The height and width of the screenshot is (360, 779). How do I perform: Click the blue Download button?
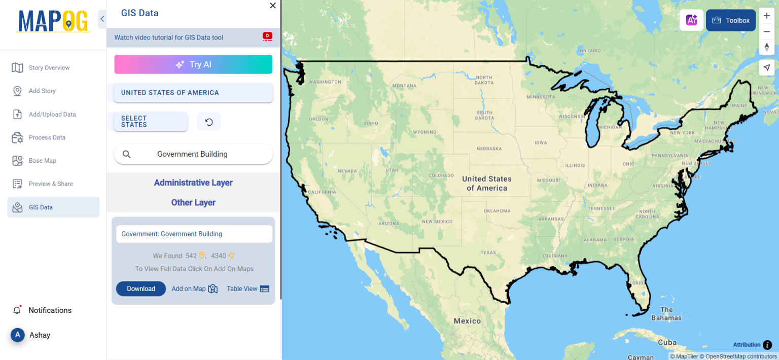tap(140, 289)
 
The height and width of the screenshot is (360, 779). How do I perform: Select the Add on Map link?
tap(194, 289)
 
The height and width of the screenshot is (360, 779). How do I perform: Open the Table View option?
tap(247, 289)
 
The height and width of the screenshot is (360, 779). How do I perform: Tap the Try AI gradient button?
tap(193, 64)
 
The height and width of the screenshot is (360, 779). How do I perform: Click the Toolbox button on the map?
tap(731, 20)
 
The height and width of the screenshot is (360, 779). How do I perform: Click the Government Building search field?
tap(193, 154)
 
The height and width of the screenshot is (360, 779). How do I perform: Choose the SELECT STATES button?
tap(151, 122)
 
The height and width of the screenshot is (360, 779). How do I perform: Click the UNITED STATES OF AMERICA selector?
tap(193, 93)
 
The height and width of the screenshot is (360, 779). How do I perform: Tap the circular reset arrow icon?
tap(208, 122)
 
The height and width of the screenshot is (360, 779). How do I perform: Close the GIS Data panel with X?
tap(273, 6)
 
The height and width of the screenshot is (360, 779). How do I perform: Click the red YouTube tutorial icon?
tap(267, 37)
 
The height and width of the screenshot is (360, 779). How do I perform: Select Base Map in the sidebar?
tap(42, 161)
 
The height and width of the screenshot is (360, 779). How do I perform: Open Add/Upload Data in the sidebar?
tap(52, 114)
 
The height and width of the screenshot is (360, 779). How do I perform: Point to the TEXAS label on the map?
tap(488, 252)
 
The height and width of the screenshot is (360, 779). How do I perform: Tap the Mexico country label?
tap(467, 321)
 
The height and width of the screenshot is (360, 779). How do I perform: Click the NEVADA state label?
tap(347, 171)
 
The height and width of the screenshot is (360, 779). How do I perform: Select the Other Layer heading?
tap(193, 202)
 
